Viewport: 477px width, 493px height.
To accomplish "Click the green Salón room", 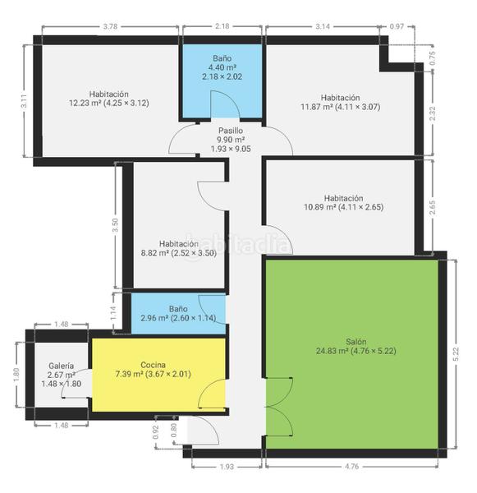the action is pos(352,354).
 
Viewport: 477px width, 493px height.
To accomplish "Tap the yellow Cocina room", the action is pos(158,374).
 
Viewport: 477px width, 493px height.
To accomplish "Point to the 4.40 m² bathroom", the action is pos(222,81).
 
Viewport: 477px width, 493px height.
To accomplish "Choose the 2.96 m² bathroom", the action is pos(178,313).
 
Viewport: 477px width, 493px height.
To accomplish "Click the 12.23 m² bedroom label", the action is pos(109,99).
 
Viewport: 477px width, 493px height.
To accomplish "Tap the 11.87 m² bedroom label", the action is pos(341,102).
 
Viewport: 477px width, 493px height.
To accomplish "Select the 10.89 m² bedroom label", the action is pos(343,202).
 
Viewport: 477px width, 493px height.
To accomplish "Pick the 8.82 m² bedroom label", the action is pos(178,248).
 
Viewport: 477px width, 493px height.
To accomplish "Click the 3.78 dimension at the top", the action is pos(110,26).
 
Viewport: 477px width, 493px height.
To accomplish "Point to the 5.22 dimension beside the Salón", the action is pos(456,354).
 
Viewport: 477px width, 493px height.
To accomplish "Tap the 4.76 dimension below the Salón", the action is pos(351,466).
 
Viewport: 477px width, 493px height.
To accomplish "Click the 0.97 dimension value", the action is pos(397,26).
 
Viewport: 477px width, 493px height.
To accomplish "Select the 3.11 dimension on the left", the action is pos(24,101).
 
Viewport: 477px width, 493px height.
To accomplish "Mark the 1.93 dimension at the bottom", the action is pos(227,467).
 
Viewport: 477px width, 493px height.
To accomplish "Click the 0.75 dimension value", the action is pos(433,58).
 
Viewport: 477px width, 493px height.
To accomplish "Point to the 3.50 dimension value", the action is pos(115,225).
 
